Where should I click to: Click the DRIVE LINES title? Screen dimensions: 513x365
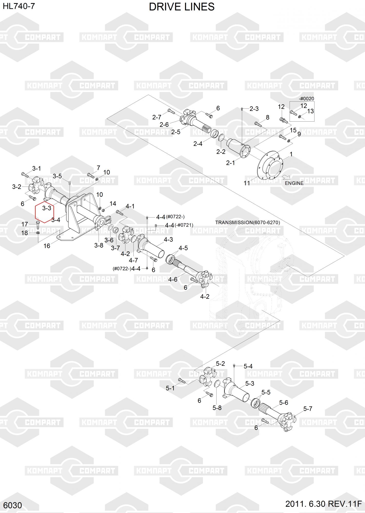tap(182, 7)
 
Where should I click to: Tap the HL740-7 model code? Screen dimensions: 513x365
tap(19, 6)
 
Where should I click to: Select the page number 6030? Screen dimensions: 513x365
tap(13, 505)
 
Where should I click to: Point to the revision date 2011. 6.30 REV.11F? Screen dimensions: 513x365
tap(323, 504)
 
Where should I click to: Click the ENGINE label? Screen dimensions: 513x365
tap(294, 183)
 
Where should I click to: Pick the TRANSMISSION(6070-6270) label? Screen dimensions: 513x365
tap(248, 222)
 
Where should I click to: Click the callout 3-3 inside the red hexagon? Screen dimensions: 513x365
tap(47, 208)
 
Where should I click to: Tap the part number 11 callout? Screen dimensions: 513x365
tap(247, 183)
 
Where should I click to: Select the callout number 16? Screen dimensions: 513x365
tap(47, 246)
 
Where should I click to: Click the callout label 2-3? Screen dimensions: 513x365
tap(254, 109)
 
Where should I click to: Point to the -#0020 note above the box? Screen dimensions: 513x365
tap(306, 99)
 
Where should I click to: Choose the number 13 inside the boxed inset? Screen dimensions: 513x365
tap(310, 111)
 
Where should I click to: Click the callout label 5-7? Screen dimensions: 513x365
tap(308, 408)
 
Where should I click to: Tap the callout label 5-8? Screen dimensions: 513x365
tap(217, 408)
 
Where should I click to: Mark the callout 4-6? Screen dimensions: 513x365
tap(173, 279)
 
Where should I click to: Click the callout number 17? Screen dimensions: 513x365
tap(25, 224)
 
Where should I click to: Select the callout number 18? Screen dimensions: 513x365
tap(25, 233)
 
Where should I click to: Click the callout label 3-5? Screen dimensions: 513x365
tap(57, 176)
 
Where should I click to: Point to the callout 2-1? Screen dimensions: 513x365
tap(230, 163)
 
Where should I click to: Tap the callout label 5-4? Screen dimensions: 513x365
tap(248, 366)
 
